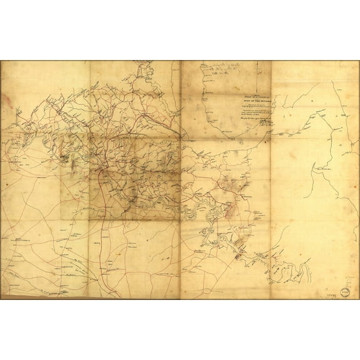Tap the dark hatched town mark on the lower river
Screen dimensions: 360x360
point(238,255)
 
